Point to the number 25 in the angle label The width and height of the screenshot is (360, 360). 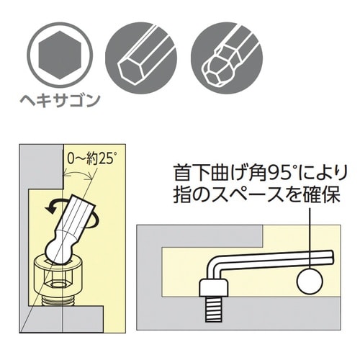pos(106,155)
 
